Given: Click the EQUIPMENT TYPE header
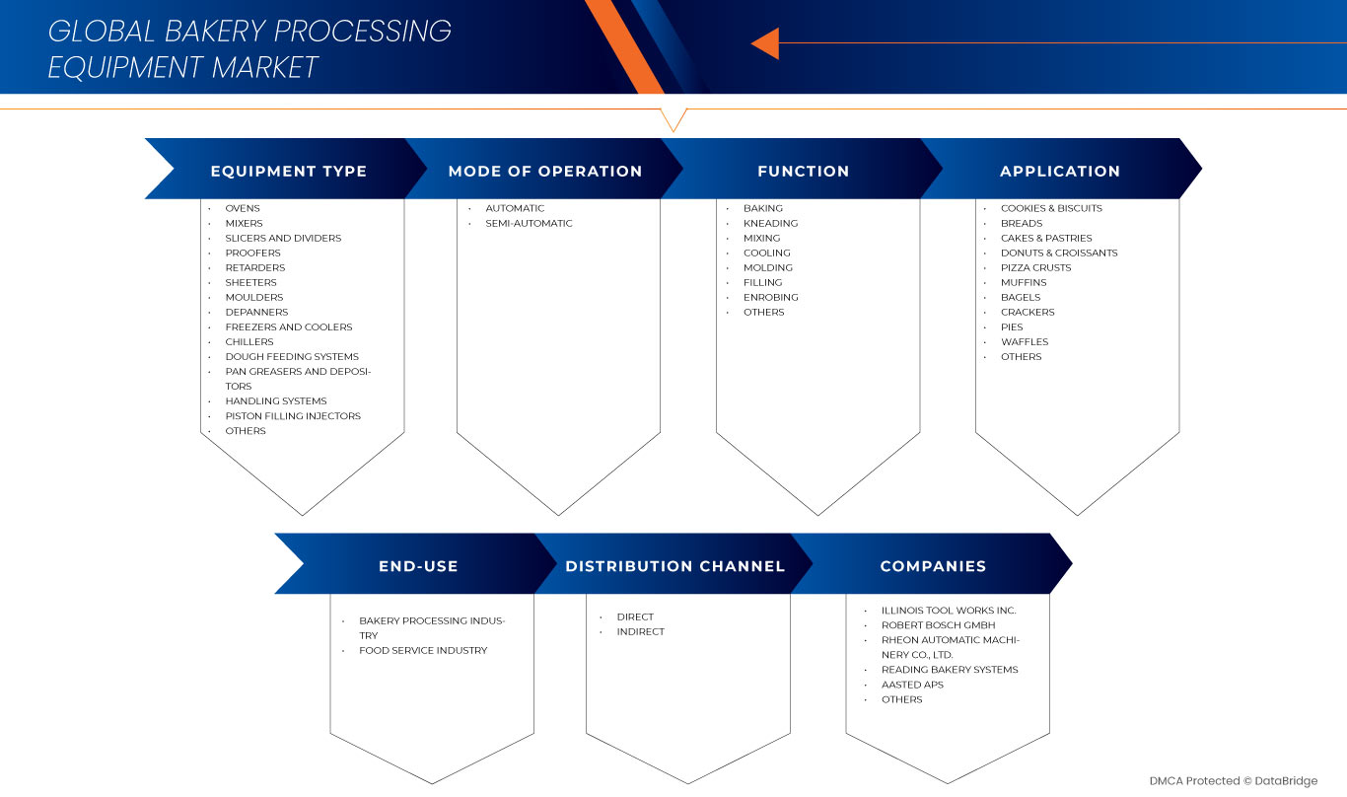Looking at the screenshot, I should (288, 171).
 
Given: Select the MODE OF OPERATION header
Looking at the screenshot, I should (544, 171).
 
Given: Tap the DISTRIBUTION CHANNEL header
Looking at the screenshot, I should (674, 566).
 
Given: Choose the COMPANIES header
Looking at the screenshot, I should (933, 566).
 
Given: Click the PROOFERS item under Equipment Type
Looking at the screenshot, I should (252, 253).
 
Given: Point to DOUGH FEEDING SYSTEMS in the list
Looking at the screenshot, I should (292, 356).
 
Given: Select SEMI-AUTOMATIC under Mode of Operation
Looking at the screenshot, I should (529, 223).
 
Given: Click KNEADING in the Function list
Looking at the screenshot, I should (770, 223).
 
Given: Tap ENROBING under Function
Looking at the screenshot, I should (770, 297).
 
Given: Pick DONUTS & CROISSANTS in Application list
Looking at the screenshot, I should (1059, 253).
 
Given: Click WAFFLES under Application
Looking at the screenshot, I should (1025, 341).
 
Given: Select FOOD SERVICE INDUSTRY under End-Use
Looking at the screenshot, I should (423, 650).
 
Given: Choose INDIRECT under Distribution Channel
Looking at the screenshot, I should (641, 631).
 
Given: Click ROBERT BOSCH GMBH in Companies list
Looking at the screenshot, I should (938, 624).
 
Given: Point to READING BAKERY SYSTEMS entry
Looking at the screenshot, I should (950, 669).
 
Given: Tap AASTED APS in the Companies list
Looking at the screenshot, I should (912, 684).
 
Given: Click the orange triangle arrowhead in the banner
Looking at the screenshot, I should (766, 43).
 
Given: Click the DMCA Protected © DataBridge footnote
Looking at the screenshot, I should (1233, 780).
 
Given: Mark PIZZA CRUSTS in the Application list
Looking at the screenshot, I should (1035, 267).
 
